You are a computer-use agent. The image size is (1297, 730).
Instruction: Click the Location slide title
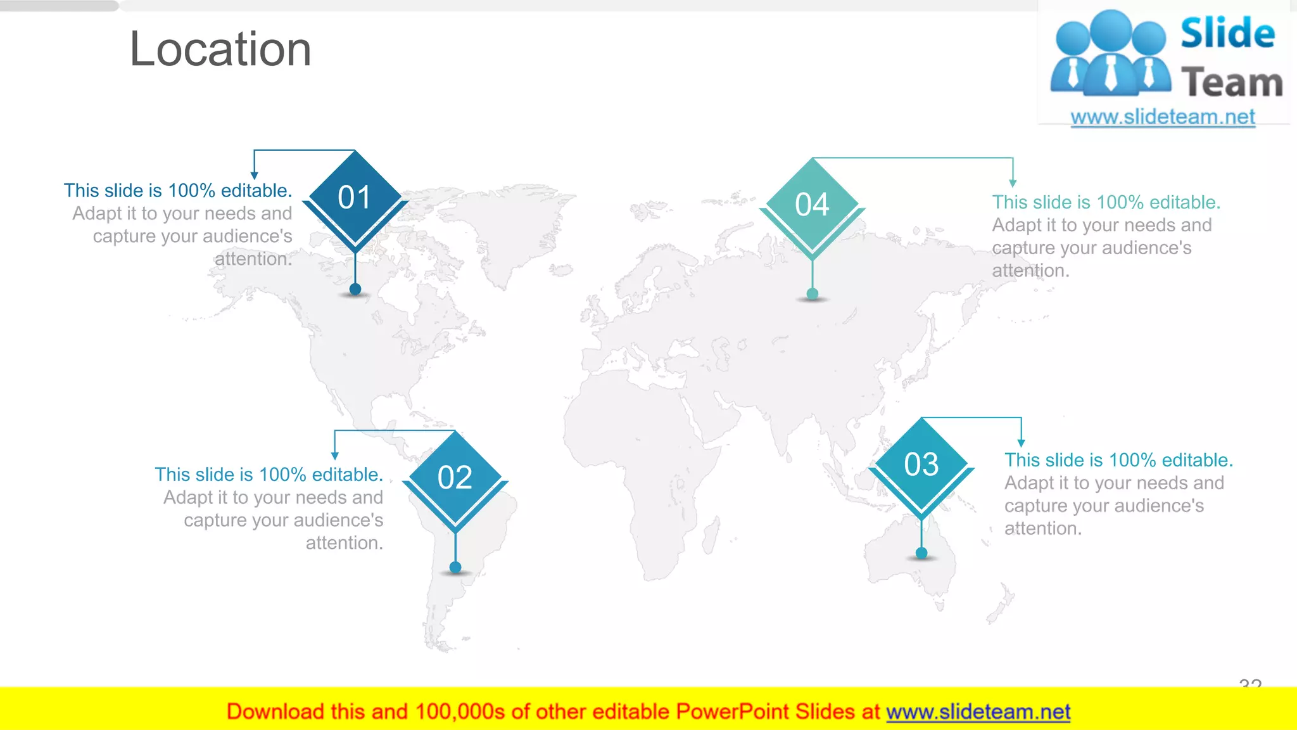[x=220, y=49]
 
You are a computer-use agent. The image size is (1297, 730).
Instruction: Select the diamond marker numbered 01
[x=355, y=197]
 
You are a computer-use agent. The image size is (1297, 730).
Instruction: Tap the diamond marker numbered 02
[x=455, y=477]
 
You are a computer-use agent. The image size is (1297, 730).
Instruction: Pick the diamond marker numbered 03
[x=921, y=464]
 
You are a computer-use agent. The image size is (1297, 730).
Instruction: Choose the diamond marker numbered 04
[x=812, y=204]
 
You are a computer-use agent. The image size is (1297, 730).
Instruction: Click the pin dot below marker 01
[x=355, y=290]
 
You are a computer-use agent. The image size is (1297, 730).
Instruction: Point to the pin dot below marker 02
[x=455, y=567]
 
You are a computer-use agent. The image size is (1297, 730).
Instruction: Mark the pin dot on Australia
[x=921, y=553]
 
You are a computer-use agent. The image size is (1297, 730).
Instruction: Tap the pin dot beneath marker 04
[x=813, y=294]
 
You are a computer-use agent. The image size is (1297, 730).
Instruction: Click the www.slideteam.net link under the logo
[x=1163, y=117]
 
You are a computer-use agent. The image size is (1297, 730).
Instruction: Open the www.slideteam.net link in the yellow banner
[x=978, y=712]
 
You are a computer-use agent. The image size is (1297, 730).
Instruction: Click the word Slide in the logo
[x=1227, y=33]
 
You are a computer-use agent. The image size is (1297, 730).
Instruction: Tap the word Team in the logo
[x=1232, y=83]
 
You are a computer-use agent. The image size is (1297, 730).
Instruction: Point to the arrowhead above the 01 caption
[x=254, y=176]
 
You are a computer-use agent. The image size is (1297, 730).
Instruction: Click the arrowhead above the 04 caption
[x=1013, y=183]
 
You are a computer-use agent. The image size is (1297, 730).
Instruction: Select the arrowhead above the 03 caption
[x=1021, y=443]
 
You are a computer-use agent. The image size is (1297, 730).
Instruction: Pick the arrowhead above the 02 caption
[x=335, y=456]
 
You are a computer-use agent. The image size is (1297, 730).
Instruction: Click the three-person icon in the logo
[x=1110, y=54]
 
